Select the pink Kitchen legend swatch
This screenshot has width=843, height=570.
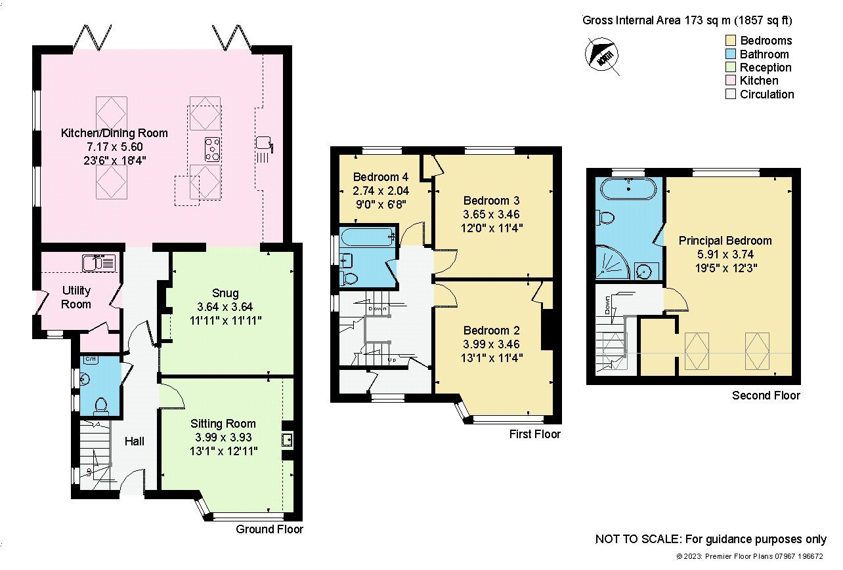click(730, 81)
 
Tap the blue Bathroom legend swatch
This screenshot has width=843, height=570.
click(730, 54)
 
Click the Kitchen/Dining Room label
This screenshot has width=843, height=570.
click(114, 133)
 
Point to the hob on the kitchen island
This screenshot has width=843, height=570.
click(213, 149)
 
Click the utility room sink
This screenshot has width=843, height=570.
click(99, 263)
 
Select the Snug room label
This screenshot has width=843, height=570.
click(225, 293)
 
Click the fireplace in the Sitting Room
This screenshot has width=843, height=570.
click(287, 439)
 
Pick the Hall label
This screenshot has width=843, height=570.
click(135, 441)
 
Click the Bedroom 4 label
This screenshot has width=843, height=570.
click(376, 177)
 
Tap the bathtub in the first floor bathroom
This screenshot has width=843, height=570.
click(367, 236)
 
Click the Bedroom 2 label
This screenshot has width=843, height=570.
click(496, 331)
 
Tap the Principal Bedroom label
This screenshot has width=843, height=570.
click(725, 241)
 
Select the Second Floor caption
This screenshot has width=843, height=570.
click(766, 396)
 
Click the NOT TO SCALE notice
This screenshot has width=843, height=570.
click(710, 539)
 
